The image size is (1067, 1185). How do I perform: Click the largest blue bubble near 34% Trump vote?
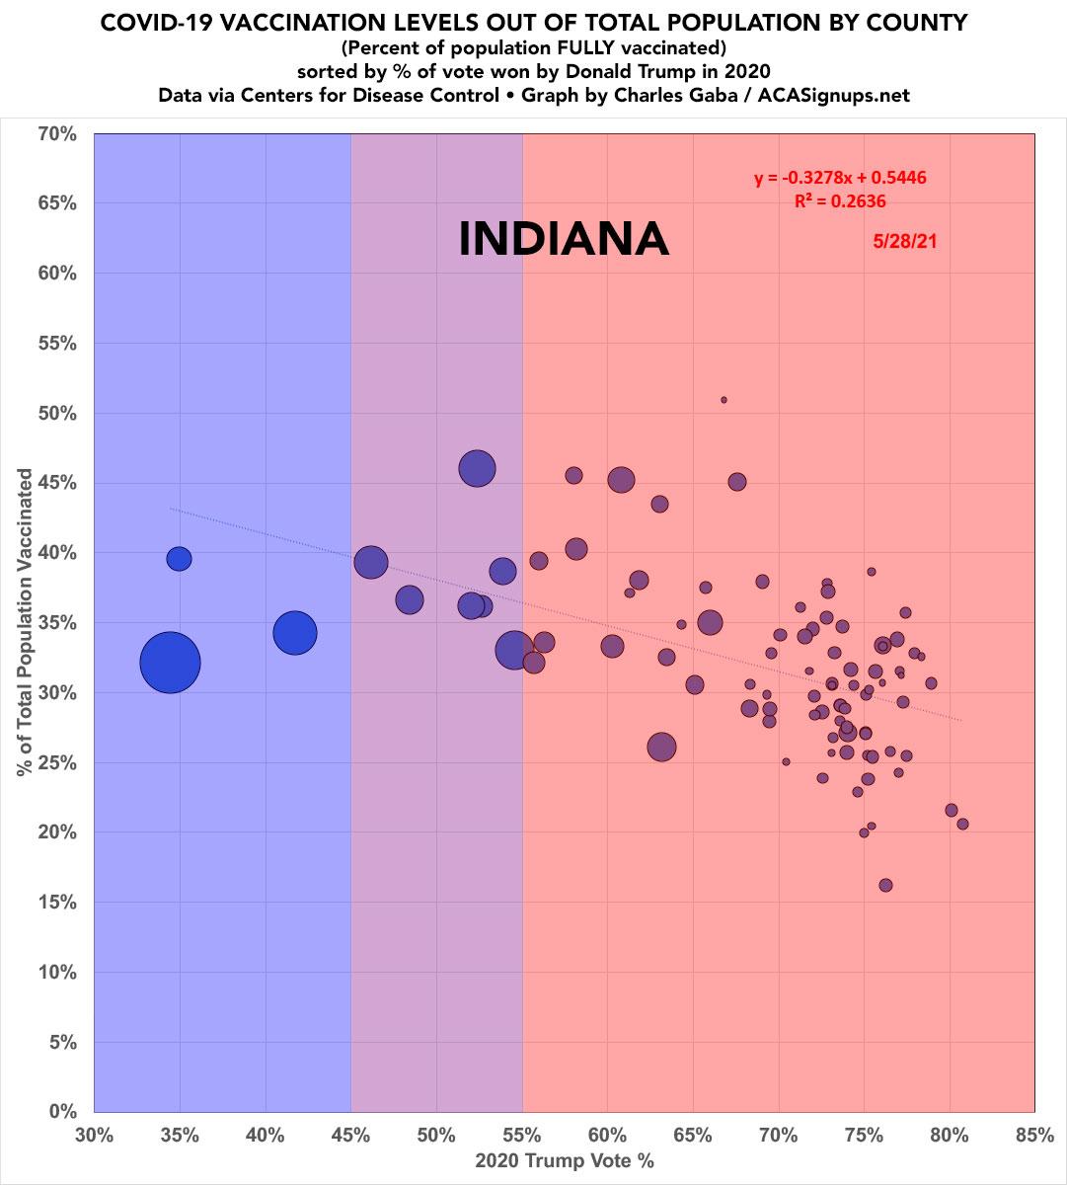[170, 663]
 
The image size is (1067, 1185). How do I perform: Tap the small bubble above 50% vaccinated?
[724, 400]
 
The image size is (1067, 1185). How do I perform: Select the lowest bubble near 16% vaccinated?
[885, 885]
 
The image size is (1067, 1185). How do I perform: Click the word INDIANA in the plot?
[564, 240]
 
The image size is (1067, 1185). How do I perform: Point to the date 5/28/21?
[904, 240]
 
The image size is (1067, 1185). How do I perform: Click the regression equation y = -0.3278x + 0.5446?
[840, 179]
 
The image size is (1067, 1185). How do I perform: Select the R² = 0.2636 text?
[840, 201]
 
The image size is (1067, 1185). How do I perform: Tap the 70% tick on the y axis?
[58, 133]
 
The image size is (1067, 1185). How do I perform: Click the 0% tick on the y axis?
[62, 1112]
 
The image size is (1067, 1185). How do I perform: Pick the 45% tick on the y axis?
[58, 483]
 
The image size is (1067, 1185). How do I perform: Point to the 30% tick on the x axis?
[95, 1136]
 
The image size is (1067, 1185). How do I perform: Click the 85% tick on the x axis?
[1033, 1136]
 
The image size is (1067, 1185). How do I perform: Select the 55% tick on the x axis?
[522, 1136]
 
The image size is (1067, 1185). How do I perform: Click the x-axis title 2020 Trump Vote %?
[564, 1162]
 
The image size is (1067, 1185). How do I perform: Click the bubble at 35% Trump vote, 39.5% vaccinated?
[179, 558]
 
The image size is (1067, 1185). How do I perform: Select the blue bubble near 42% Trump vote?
[295, 633]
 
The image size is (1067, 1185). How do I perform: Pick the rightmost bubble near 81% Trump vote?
[962, 824]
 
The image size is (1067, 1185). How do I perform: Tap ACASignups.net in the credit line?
[856, 95]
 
